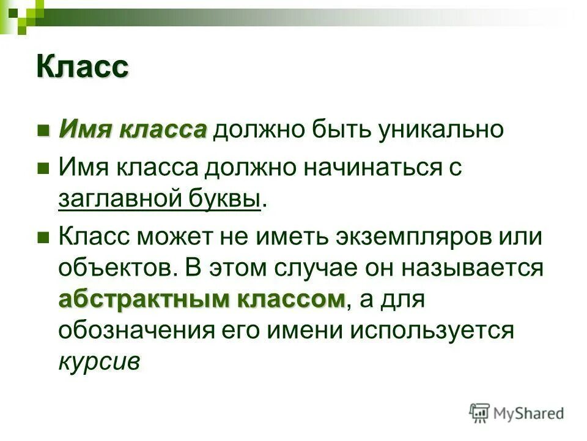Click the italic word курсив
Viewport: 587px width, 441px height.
pyautogui.click(x=99, y=362)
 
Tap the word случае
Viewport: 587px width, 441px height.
pyautogui.click(x=320, y=269)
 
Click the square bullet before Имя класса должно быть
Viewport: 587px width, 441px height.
pyautogui.click(x=43, y=131)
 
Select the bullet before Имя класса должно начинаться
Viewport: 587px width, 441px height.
pyautogui.click(x=43, y=168)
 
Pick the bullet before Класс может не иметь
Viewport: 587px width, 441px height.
pyautogui.click(x=43, y=237)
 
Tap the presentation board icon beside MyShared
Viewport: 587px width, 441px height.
pyautogui.click(x=480, y=413)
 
